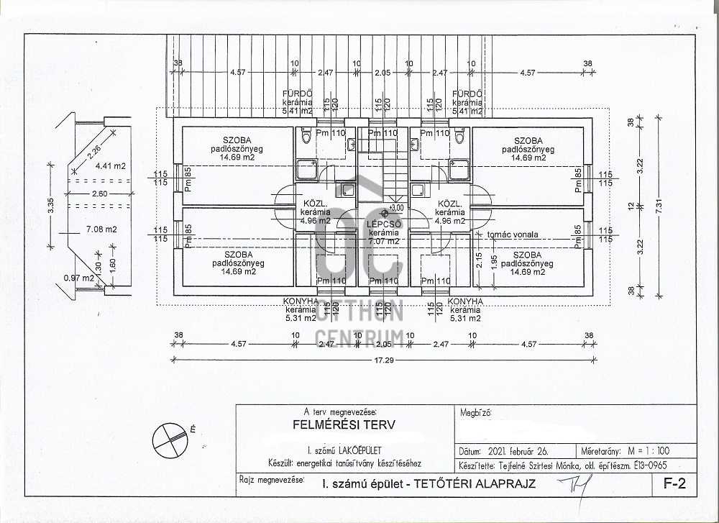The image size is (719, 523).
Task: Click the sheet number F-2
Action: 676,484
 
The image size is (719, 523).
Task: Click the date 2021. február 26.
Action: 517,452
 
